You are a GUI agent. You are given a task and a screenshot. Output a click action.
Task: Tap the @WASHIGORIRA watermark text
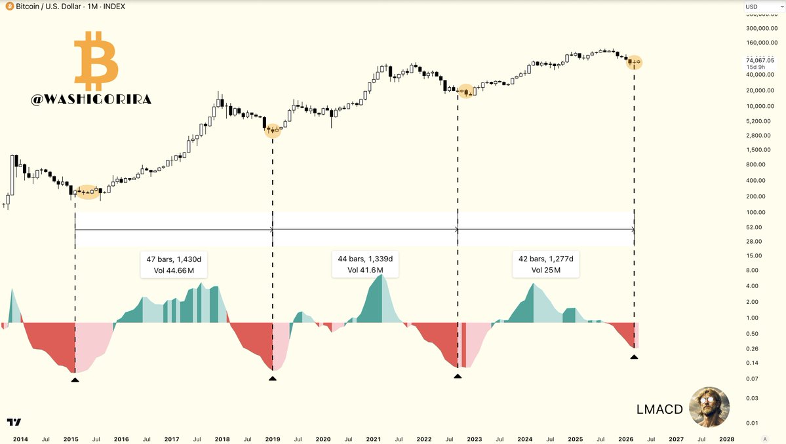pos(91,100)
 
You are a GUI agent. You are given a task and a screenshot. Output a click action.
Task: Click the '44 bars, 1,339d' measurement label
pos(364,264)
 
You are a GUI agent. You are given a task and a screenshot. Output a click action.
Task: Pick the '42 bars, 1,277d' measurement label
pos(545,264)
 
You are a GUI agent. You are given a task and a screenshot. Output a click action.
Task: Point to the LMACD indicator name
pos(659,409)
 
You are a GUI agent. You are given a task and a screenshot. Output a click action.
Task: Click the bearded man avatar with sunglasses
pos(709,407)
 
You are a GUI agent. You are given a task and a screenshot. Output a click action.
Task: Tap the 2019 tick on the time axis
pos(273,439)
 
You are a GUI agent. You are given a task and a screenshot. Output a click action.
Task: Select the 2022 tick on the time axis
pos(424,439)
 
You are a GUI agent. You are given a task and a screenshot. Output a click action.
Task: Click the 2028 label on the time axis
pos(726,439)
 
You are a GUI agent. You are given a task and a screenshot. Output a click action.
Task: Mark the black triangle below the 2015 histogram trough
pos(75,379)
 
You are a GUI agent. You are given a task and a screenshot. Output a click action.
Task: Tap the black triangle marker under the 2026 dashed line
pos(634,356)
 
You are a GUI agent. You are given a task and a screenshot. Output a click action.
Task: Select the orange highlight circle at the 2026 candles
pos(634,63)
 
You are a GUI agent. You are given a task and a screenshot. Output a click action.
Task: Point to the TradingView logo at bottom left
pos(13,422)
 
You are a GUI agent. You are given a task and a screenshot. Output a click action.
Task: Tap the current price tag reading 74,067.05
pos(760,60)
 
